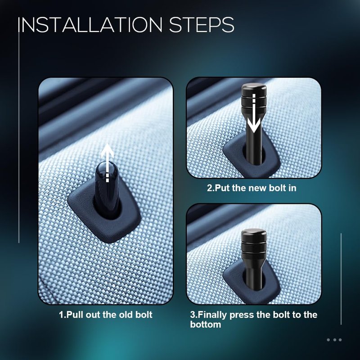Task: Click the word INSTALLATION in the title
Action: (90, 24)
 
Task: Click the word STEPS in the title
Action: (202, 24)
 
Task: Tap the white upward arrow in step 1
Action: (108, 163)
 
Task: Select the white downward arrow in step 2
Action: (254, 113)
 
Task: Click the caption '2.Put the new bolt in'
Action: (252, 188)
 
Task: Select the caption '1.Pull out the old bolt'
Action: (106, 315)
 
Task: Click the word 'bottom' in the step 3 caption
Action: (206, 324)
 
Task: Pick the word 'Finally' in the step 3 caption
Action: (211, 315)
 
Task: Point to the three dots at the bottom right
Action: (334, 340)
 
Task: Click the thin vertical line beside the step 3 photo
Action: (341, 279)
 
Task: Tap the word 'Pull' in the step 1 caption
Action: (75, 315)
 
